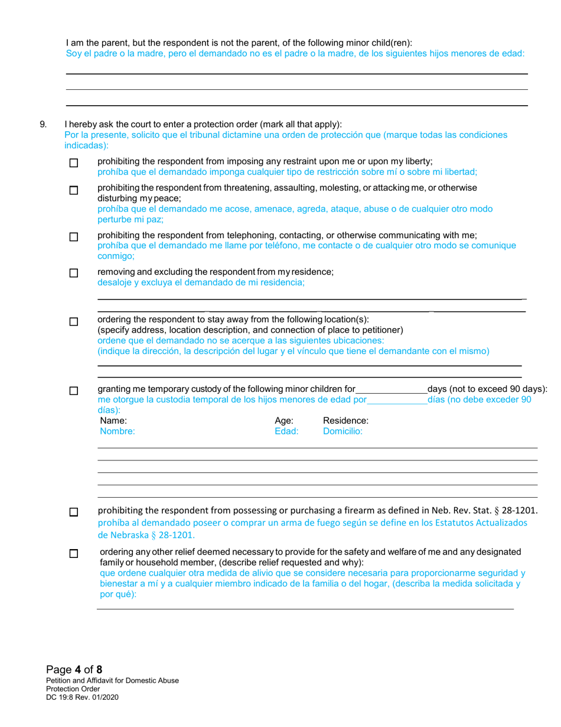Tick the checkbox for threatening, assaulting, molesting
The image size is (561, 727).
point(74,190)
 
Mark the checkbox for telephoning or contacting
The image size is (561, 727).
point(74,237)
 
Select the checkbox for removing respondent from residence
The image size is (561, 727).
point(74,273)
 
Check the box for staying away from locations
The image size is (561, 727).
point(74,322)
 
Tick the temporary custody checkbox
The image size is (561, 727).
point(74,391)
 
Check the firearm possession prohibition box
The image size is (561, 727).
point(74,512)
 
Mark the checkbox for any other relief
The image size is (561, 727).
point(74,554)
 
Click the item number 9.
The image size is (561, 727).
point(43,125)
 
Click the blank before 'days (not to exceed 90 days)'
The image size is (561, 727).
point(391,389)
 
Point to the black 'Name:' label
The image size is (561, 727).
point(113,421)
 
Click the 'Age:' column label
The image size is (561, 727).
point(285,421)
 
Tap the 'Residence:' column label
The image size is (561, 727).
point(345,421)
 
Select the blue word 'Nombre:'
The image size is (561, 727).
point(118,431)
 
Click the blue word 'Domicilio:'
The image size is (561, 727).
point(343,431)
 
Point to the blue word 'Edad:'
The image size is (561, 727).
point(286,431)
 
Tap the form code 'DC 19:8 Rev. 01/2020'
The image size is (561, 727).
point(86,697)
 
